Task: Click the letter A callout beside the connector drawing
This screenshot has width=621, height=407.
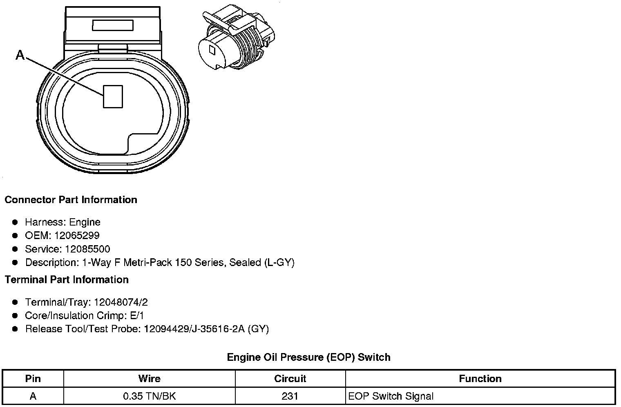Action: click(x=20, y=55)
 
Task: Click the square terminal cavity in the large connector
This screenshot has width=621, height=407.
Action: click(x=113, y=96)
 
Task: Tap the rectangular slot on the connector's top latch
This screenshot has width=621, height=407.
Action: click(x=113, y=25)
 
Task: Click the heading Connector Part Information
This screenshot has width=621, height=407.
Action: click(x=71, y=200)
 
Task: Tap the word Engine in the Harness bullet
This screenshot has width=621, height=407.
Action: click(x=85, y=222)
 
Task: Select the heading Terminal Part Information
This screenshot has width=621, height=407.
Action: click(x=67, y=280)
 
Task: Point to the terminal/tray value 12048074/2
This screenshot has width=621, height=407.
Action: click(x=121, y=302)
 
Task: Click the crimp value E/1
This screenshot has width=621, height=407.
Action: click(x=136, y=315)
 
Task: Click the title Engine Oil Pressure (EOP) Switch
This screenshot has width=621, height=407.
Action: click(x=308, y=357)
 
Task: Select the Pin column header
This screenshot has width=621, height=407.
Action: click(x=33, y=378)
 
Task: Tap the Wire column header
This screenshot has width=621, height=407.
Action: click(x=149, y=378)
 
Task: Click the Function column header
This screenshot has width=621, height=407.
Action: click(x=480, y=378)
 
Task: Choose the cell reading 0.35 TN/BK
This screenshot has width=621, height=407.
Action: click(x=149, y=396)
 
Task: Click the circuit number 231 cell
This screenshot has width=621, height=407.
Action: click(x=290, y=396)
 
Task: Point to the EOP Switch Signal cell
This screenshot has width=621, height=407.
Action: click(x=391, y=396)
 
